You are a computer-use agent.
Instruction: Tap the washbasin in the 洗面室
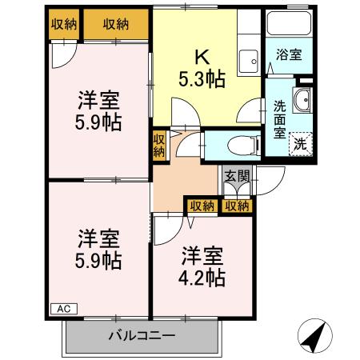click(303, 100)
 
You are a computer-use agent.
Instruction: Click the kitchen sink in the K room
click(248, 58)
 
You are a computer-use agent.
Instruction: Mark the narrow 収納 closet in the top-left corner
click(63, 25)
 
